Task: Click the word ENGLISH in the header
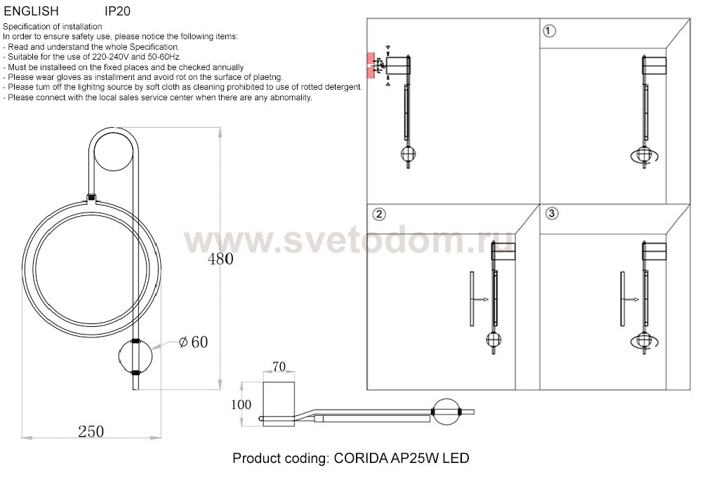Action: tap(31, 12)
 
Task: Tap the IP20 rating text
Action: tap(117, 12)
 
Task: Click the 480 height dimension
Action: tap(220, 259)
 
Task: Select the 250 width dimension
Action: tap(91, 431)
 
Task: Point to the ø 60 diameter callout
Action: tap(193, 342)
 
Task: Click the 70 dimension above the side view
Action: tap(279, 366)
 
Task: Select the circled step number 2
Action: tap(378, 214)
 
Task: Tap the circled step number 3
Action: tap(551, 213)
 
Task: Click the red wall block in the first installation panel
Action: tap(369, 65)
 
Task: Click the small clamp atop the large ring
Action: tap(91, 198)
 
